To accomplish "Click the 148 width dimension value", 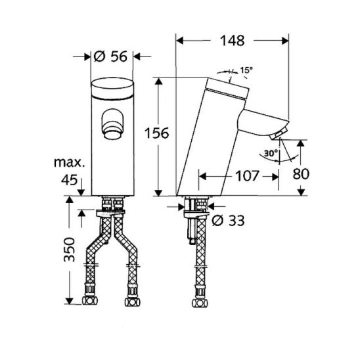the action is (232, 41).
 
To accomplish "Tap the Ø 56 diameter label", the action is (110, 56).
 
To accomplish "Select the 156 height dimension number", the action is (156, 133).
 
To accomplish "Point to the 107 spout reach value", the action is (247, 176).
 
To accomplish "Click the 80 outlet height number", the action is (301, 174).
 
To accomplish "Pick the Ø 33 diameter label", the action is (228, 221).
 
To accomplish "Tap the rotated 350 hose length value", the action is (70, 250).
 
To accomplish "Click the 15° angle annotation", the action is (246, 70).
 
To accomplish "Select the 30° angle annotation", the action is (271, 153).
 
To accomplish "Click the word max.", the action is (70, 162).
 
